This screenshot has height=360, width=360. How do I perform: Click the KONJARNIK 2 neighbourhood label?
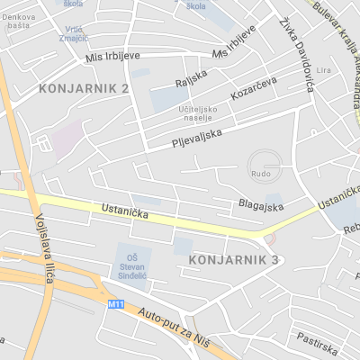click(x=85, y=88)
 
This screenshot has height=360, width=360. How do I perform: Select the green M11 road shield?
click(x=114, y=306)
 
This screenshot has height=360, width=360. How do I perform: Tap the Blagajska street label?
click(x=261, y=205)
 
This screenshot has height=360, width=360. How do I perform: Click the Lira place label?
click(x=325, y=68)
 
